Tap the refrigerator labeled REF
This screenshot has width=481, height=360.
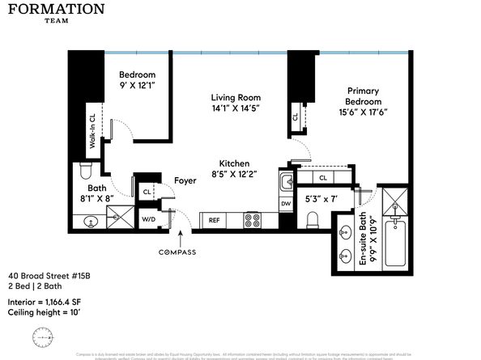click(x=215, y=219)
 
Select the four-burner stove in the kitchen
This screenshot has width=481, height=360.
click(x=253, y=218)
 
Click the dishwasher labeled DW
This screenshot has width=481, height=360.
click(x=285, y=204)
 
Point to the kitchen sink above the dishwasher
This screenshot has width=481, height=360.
click(x=285, y=182)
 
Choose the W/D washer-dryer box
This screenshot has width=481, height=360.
click(x=149, y=218)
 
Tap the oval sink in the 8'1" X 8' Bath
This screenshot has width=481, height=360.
click(x=90, y=220)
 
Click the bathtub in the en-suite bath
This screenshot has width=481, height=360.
click(x=396, y=239)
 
